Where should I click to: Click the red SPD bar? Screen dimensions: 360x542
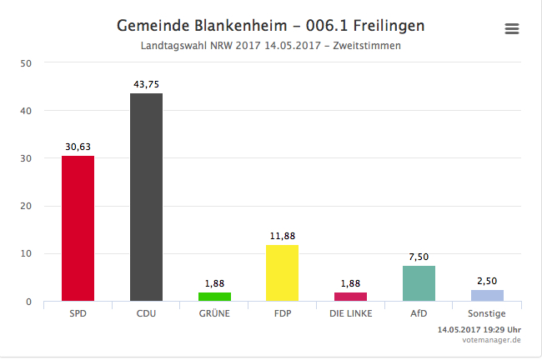[78, 228]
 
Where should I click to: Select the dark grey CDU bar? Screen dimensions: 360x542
[146, 197]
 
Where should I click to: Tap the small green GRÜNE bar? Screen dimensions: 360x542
[214, 297]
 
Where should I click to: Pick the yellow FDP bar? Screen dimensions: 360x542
[282, 272]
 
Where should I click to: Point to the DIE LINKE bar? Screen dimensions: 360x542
[350, 297]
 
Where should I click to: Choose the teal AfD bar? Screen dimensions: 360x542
[419, 283]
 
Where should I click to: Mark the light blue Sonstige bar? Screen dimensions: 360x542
[487, 296]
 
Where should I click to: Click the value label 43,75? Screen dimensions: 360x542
[146, 84]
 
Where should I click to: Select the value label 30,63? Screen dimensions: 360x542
[78, 147]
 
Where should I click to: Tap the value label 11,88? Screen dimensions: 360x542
[282, 236]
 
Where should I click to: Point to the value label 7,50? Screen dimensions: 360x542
[419, 257]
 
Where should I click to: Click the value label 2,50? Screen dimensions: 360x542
[487, 281]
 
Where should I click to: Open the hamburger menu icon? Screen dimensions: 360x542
[512, 29]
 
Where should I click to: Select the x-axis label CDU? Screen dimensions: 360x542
[146, 314]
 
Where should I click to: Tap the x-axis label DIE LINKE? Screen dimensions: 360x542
[350, 314]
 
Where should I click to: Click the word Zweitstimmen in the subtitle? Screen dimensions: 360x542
[367, 46]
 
